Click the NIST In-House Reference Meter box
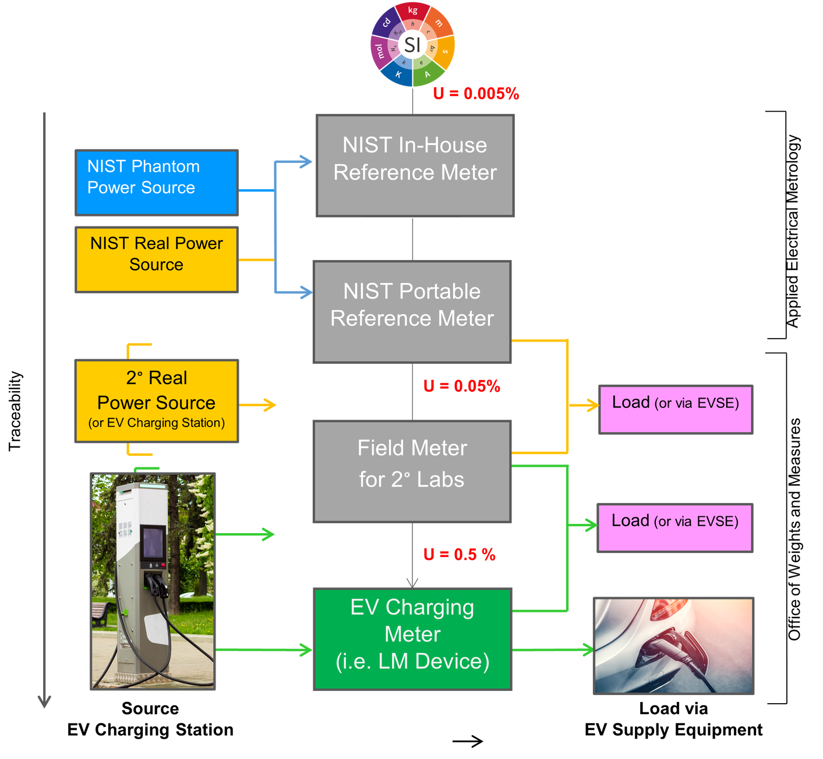pyautogui.click(x=415, y=166)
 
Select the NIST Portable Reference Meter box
pyautogui.click(x=412, y=312)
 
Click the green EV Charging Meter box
pyautogui.click(x=412, y=639)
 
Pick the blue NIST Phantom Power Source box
pyautogui.click(x=156, y=183)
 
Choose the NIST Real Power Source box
pyautogui.click(x=156, y=259)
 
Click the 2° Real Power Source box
pyautogui.click(x=156, y=401)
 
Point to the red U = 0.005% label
pyautogui.click(x=476, y=94)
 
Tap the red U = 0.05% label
pyautogui.click(x=462, y=386)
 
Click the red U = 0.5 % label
pyautogui.click(x=460, y=555)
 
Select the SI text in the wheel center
pyautogui.click(x=412, y=45)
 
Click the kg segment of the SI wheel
pyautogui.click(x=413, y=10)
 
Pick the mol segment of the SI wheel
pyautogui.click(x=379, y=51)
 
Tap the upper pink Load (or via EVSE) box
pyautogui.click(x=676, y=409)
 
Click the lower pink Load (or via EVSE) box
pyautogui.click(x=675, y=528)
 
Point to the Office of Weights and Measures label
pyautogui.click(x=794, y=529)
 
